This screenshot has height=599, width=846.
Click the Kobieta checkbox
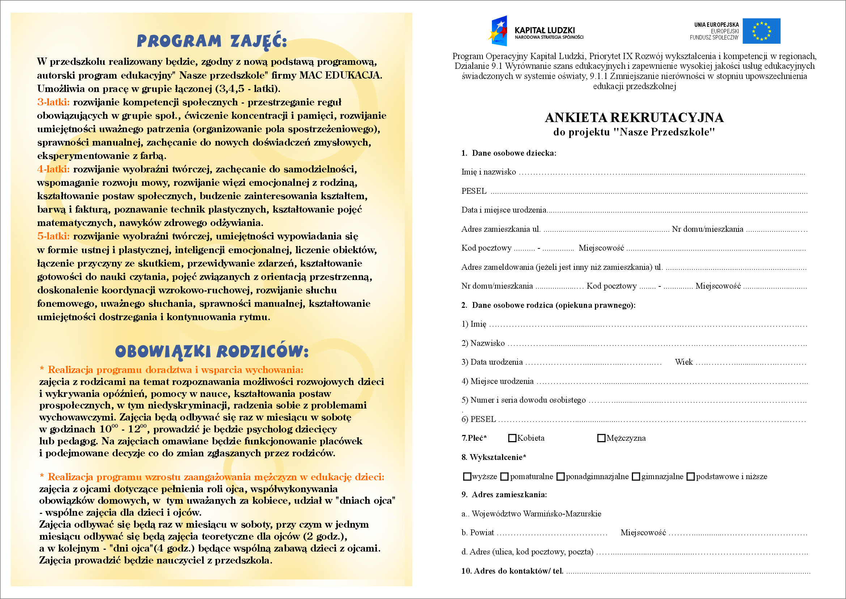512,438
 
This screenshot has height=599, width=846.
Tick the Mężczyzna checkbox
601,438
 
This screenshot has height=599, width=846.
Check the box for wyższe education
467,477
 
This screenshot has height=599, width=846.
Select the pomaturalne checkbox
505,477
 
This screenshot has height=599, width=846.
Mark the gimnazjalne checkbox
636,477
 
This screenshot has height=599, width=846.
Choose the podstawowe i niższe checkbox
690,477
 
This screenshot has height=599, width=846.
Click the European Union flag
761,31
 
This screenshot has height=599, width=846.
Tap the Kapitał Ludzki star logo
499,31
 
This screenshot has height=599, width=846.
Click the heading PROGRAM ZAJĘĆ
212,41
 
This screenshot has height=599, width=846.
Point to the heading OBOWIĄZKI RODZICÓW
212,351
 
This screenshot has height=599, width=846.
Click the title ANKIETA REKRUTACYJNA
634,118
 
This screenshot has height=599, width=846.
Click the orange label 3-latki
54,102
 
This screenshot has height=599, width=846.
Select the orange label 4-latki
54,169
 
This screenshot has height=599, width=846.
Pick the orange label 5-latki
54,236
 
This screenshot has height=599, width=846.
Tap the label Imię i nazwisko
489,172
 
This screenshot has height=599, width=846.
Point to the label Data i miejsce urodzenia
504,210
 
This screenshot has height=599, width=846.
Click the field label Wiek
684,362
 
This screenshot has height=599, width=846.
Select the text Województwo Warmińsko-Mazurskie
536,514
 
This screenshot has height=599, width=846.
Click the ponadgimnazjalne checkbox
560,477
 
